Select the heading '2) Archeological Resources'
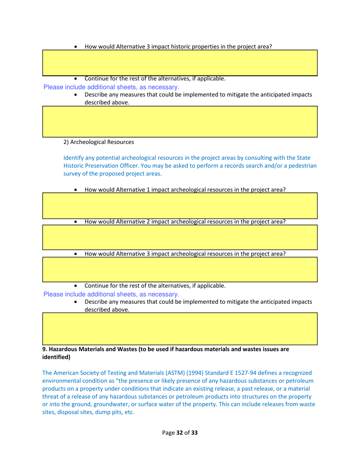point(99,143)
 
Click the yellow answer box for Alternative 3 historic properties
point(180,63)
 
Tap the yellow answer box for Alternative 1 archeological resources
point(180,206)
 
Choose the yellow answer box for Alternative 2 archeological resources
point(180,237)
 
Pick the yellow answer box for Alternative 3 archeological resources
point(180,269)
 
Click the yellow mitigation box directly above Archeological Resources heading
point(180,121)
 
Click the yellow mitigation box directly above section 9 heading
point(180,328)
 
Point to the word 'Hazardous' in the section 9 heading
point(64,350)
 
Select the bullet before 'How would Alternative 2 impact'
point(77,222)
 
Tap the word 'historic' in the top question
point(179,47)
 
